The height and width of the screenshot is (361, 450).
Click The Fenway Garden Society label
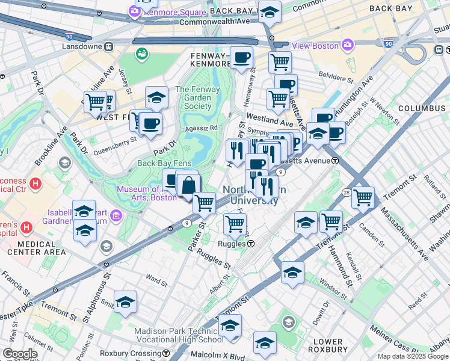coord(194,97)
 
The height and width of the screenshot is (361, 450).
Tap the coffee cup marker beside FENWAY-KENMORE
coord(241,58)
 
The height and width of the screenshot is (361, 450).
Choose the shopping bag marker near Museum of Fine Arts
coord(188,185)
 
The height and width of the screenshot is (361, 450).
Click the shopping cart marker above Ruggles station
coord(235,224)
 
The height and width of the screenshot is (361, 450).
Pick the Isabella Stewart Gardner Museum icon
coord(116,215)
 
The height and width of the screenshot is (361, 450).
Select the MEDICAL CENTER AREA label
coord(34,251)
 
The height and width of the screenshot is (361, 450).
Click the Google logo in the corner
coord(20,354)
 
